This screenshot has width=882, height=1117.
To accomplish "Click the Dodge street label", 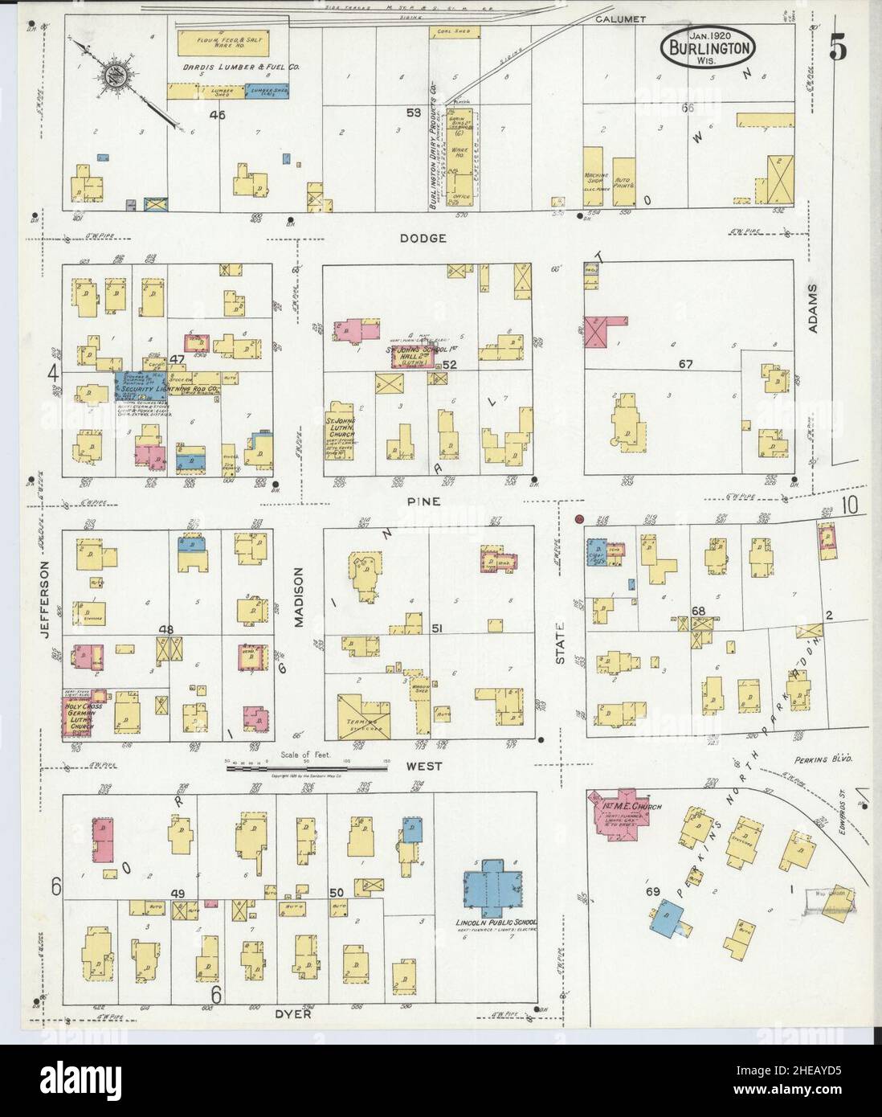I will pos(427,239).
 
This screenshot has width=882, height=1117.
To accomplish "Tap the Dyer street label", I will pos(297,1014).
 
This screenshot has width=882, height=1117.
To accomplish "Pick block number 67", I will pos(684,364).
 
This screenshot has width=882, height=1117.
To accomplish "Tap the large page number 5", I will pos(837,49).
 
